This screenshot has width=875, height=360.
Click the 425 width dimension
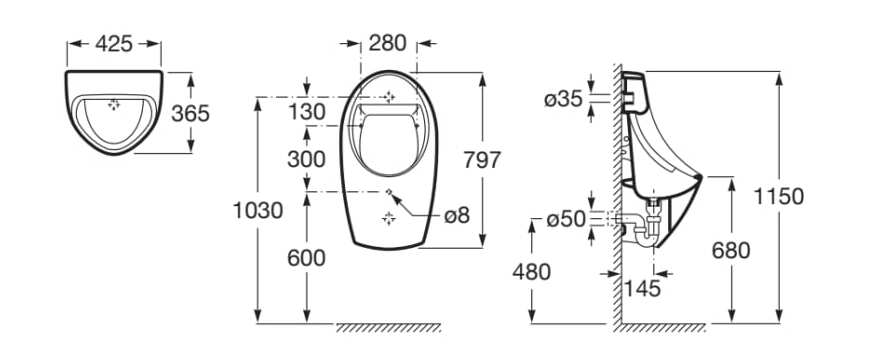(113, 43)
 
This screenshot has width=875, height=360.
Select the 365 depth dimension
(189, 112)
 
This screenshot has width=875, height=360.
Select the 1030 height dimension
(257, 210)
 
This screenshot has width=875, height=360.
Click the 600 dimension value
(306, 257)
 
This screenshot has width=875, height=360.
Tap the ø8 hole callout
(454, 215)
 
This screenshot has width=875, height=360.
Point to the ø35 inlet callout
(563, 98)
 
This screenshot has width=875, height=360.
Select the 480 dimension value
(531, 270)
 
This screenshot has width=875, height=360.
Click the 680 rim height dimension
(730, 251)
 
